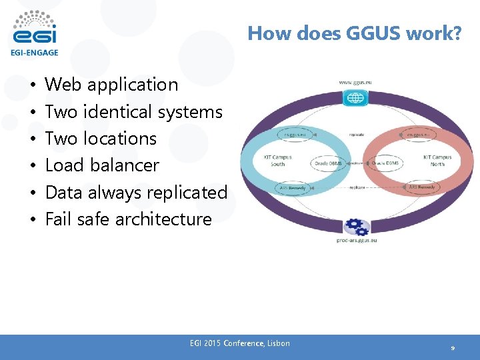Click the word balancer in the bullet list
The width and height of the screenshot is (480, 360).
coord(127,165)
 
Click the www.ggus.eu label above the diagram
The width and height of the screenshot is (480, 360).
coord(355,82)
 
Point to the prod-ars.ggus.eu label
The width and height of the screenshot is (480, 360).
coord(356,240)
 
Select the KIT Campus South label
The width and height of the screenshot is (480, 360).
coord(277,161)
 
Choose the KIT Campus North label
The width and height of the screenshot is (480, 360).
coord(437,161)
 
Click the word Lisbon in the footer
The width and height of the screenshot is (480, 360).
coord(278,343)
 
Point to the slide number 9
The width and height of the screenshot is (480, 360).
coord(453,348)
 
